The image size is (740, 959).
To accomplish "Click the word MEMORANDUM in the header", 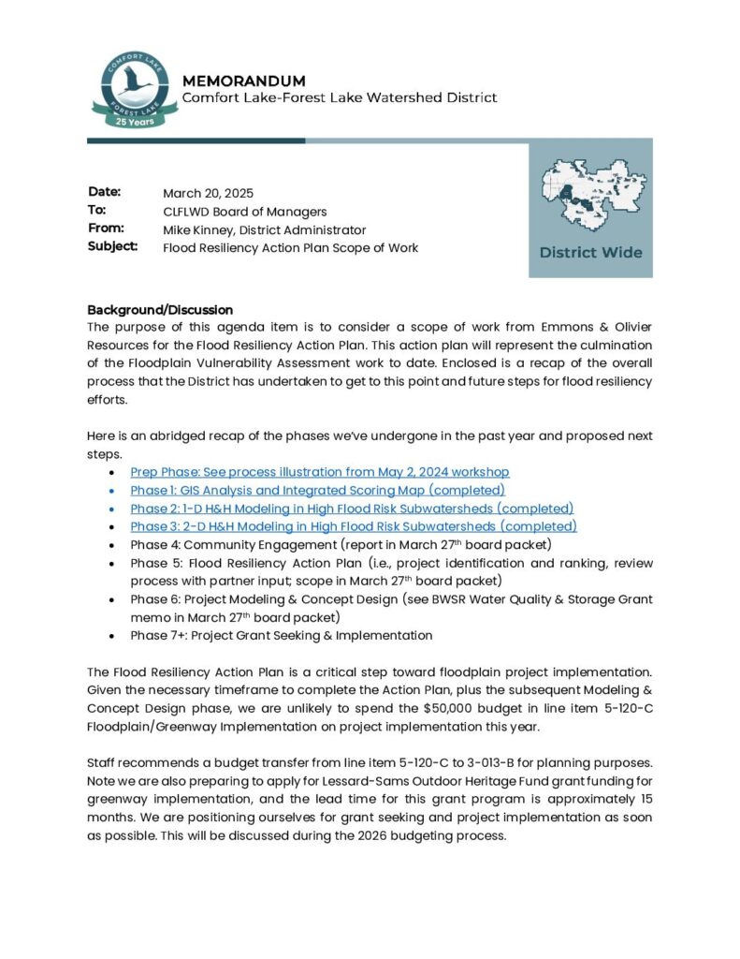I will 243,81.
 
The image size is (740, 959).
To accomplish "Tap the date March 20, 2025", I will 208,193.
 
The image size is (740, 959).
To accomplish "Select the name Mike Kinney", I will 200,229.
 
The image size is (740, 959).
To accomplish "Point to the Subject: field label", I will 113,247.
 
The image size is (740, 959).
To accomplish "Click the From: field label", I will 107,229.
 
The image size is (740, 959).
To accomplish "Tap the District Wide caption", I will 590,252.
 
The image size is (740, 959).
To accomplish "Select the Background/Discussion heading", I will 160,309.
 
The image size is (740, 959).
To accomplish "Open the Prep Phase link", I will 320,472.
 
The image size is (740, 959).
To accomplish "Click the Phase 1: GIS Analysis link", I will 317,490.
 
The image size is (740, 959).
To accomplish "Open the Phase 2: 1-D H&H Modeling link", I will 352,509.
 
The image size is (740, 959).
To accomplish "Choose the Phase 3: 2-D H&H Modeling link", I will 354,526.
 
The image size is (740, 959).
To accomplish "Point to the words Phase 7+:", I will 156,635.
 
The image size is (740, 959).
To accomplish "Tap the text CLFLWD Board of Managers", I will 244,212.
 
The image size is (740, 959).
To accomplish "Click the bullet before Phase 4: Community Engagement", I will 113,545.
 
